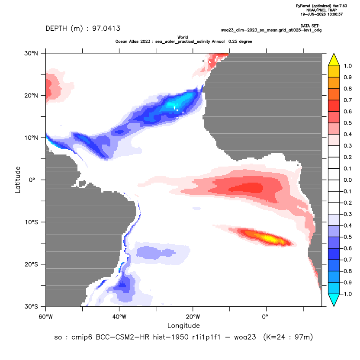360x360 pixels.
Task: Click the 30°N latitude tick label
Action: click(31, 53)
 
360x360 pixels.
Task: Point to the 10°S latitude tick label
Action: click(31, 222)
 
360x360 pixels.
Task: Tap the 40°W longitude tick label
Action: click(119, 317)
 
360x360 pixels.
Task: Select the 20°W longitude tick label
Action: click(193, 317)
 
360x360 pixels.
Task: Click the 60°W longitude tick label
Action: click(46, 317)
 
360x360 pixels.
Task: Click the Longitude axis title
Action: click(183, 325)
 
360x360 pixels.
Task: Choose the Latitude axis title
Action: click(18, 180)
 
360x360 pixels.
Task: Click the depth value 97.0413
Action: click(106, 29)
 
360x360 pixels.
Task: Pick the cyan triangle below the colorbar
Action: click(334, 299)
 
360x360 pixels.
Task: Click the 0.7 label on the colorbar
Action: click(347, 100)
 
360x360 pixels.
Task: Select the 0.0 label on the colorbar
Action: click(347, 180)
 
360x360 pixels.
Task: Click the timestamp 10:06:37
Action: click(335, 14)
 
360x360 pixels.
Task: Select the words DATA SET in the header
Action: click(310, 26)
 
